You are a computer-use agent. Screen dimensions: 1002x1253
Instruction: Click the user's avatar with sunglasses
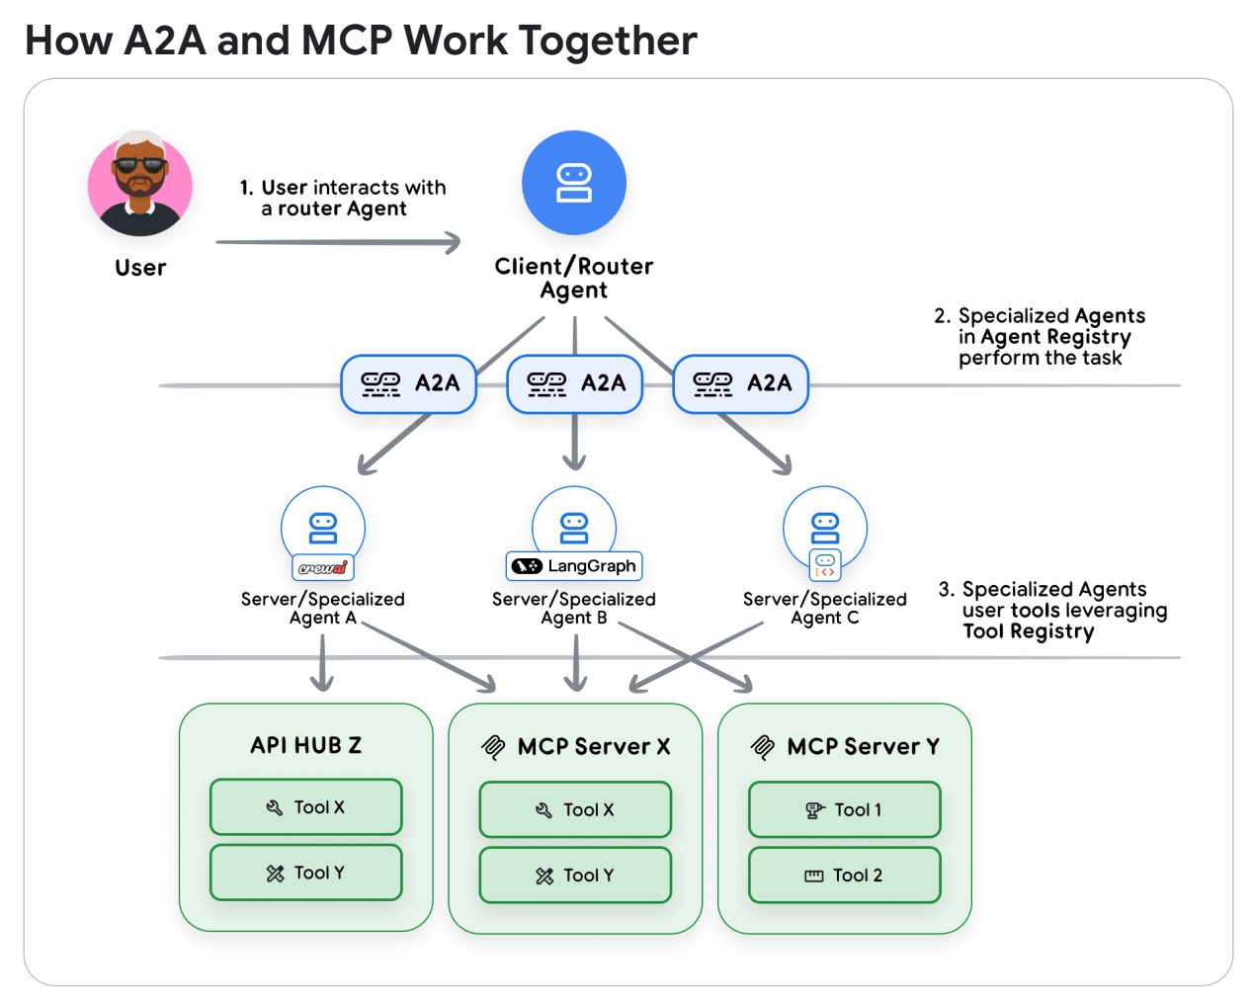coord(140,184)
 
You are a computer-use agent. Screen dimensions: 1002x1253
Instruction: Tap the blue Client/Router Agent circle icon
coord(574,183)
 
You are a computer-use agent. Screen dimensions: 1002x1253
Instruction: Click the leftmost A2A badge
coord(409,383)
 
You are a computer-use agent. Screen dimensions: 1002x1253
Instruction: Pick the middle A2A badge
coord(575,383)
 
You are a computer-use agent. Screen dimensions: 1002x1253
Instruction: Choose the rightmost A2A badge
coord(741,383)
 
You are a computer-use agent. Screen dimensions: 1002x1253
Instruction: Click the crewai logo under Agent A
coord(323,567)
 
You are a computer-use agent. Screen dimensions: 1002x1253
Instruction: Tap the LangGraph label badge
coord(574,566)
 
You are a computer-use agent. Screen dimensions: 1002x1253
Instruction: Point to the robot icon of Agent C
coord(825,527)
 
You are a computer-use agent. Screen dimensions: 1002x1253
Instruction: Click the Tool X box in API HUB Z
coord(306,807)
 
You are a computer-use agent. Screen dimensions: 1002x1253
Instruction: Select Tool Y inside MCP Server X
coord(575,876)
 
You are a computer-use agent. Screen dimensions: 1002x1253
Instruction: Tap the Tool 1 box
coord(845,810)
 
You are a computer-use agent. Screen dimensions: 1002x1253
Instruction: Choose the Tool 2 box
coord(845,876)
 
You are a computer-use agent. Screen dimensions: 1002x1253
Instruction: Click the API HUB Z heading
coord(306,745)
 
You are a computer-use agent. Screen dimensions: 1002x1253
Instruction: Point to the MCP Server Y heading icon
coord(763,747)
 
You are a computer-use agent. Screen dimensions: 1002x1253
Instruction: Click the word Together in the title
coord(608,41)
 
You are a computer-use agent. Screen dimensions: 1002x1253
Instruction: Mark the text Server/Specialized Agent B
coord(574,608)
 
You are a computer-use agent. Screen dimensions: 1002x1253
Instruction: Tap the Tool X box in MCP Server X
coord(575,810)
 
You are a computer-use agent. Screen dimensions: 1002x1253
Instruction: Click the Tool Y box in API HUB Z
coord(306,873)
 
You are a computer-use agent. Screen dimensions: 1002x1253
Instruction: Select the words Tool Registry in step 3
coord(1029,631)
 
